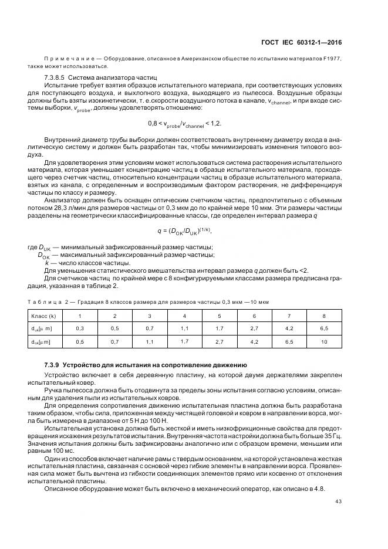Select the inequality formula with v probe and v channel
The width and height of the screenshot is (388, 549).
click(x=185, y=124)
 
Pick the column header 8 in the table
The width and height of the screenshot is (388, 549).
click(x=323, y=316)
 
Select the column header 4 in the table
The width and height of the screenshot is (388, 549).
click(x=184, y=316)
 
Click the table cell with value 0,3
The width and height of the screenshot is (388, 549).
click(x=80, y=328)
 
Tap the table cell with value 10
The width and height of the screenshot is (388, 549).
click(x=323, y=341)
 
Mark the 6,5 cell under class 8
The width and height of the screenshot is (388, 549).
click(x=323, y=328)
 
